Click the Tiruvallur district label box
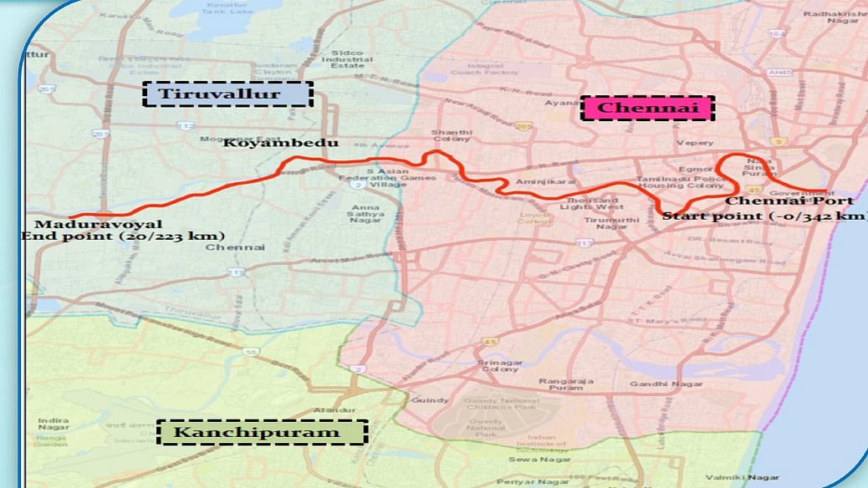coord(228,94)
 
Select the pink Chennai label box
coord(648,108)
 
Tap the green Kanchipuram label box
coord(262,432)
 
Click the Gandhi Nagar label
coord(680,385)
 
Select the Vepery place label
coord(695,143)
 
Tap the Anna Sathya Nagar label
coord(367,213)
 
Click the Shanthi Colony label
coord(452,137)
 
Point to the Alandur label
coord(328,410)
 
